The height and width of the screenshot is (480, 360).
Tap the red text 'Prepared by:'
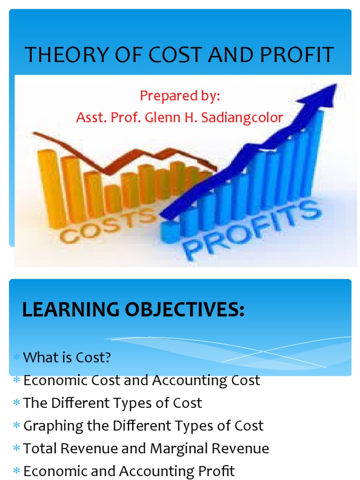pyautogui.click(x=180, y=96)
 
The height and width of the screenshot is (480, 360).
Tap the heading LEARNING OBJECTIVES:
pyautogui.click(x=134, y=310)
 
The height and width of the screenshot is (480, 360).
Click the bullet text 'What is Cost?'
pyautogui.click(x=67, y=358)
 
